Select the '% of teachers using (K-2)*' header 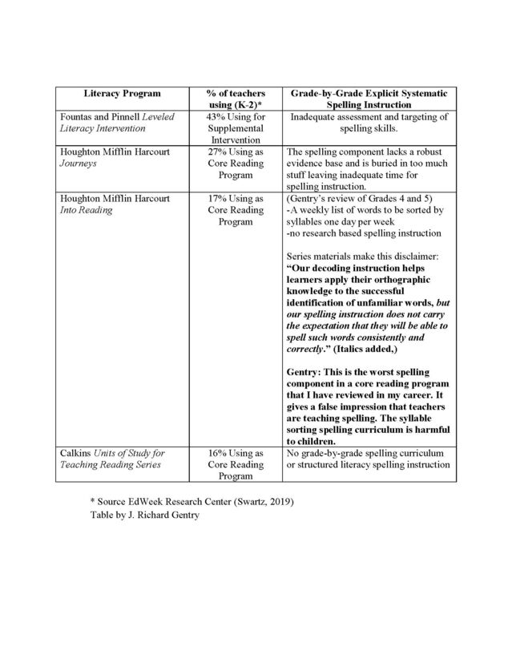coord(235,99)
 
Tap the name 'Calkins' coord(79,453)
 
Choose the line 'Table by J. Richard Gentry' coord(146,515)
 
